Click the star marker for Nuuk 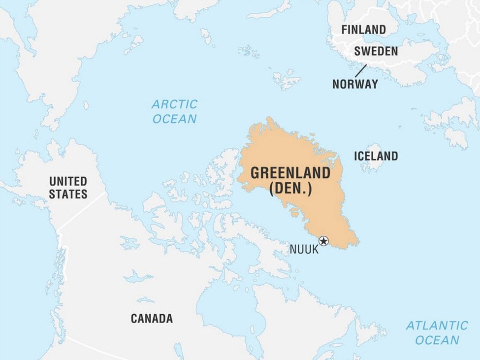(x=323, y=241)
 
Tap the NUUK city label (x=304, y=249)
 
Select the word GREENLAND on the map (x=290, y=173)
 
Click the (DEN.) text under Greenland (x=290, y=189)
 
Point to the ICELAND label (x=376, y=156)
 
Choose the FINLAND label (x=364, y=30)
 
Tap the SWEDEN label (x=376, y=51)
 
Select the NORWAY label (x=355, y=84)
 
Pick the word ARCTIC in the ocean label (x=174, y=104)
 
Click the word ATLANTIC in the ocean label (x=437, y=326)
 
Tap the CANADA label (x=152, y=319)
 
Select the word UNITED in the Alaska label (x=68, y=181)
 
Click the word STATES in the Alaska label (x=68, y=194)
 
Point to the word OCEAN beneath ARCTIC (x=174, y=119)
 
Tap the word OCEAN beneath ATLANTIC (x=437, y=340)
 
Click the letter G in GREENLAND (x=255, y=173)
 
